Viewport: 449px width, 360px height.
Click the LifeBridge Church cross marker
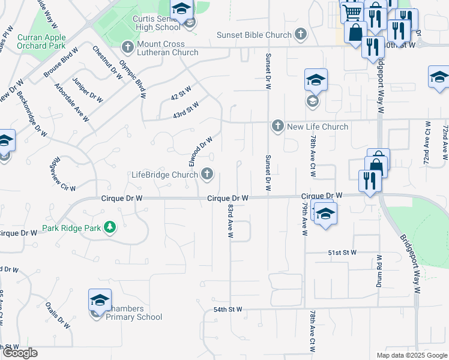click(207, 175)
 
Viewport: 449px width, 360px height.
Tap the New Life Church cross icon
click(277, 127)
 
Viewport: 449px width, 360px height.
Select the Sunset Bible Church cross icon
click(301, 34)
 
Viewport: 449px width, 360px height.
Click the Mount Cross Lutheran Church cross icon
click(127, 46)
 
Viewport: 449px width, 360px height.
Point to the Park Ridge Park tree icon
click(109, 227)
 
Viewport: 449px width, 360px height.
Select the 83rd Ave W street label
click(230, 221)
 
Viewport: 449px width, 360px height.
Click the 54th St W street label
click(228, 310)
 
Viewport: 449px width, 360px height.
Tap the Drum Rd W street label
click(379, 272)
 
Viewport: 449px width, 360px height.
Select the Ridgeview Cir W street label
click(64, 175)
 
